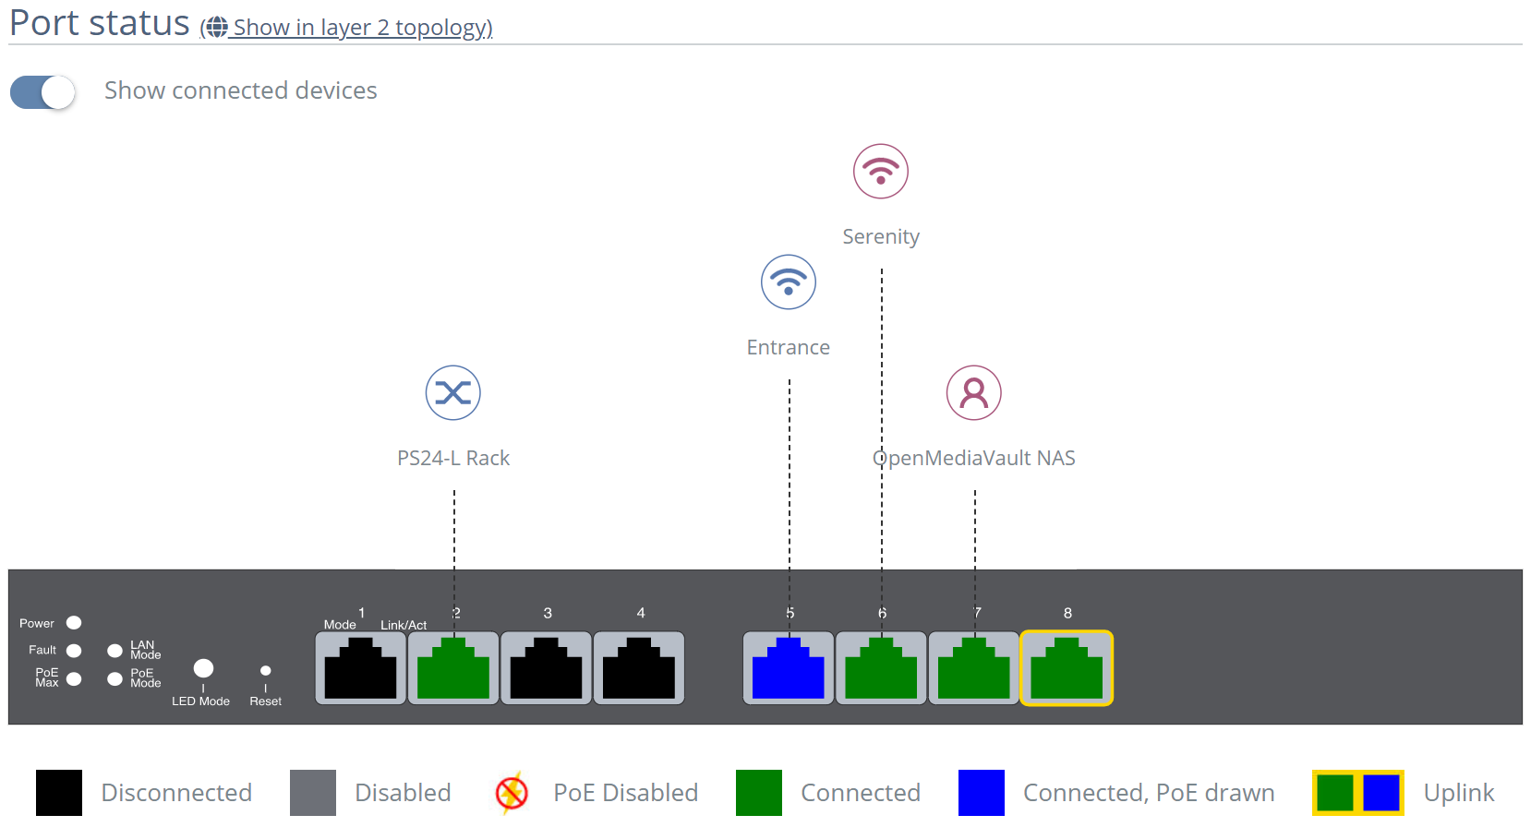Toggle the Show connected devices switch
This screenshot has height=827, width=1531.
[x=42, y=92]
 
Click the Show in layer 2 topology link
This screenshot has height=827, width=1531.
[x=361, y=28]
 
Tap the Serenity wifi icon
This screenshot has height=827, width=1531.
[x=881, y=172]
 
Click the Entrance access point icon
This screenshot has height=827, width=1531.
[x=789, y=282]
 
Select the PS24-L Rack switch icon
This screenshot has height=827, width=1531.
[x=453, y=393]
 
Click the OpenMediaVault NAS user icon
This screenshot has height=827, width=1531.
[x=974, y=393]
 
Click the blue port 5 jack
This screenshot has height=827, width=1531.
[x=789, y=668]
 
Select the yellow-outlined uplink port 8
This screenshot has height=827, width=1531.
[x=1067, y=668]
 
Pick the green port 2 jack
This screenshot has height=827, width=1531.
[x=453, y=668]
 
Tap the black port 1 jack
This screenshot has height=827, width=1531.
[x=361, y=668]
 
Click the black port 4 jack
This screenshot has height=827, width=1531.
[x=639, y=668]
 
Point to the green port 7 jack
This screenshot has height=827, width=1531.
[x=974, y=668]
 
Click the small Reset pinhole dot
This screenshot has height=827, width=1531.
[x=266, y=671]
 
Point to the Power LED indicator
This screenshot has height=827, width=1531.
[x=75, y=623]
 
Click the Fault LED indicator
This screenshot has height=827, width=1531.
[x=75, y=651]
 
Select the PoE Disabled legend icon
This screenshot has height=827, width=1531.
[x=512, y=793]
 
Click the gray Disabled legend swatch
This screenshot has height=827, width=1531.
[x=313, y=793]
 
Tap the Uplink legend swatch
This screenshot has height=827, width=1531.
[x=1358, y=793]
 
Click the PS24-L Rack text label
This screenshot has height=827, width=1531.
[x=453, y=459]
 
